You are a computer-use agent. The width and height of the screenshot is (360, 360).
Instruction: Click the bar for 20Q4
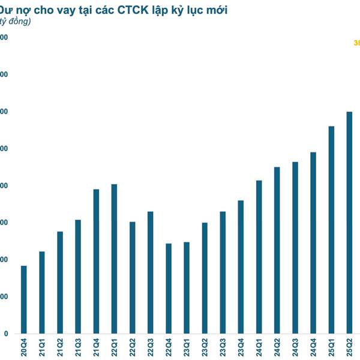coord(23,299)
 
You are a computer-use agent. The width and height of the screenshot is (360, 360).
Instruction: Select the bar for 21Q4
coord(96,261)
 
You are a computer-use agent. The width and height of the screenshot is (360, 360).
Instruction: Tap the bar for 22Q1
coord(114,259)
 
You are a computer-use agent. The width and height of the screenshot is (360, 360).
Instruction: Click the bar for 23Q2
coord(205,278)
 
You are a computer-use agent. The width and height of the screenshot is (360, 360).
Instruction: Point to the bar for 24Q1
coord(259,257)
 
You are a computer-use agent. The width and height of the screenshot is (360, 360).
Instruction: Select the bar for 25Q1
coord(331,230)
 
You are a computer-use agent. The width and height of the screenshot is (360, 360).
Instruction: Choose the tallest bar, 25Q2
coord(349,223)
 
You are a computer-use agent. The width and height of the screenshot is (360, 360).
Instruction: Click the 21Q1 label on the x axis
coord(42,347)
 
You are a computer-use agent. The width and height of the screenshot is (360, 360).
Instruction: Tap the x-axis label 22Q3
coord(151,347)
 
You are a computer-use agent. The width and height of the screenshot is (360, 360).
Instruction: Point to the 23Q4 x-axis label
coord(241,347)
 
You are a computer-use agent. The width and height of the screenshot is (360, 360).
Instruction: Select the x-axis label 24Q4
coord(313,347)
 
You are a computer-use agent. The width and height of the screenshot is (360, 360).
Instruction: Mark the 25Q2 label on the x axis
coord(350,347)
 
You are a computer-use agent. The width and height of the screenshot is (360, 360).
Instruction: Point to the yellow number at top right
coord(356,43)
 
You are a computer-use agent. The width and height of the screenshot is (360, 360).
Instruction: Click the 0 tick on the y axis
coord(5,334)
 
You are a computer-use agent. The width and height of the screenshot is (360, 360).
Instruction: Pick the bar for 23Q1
coord(187,287)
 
